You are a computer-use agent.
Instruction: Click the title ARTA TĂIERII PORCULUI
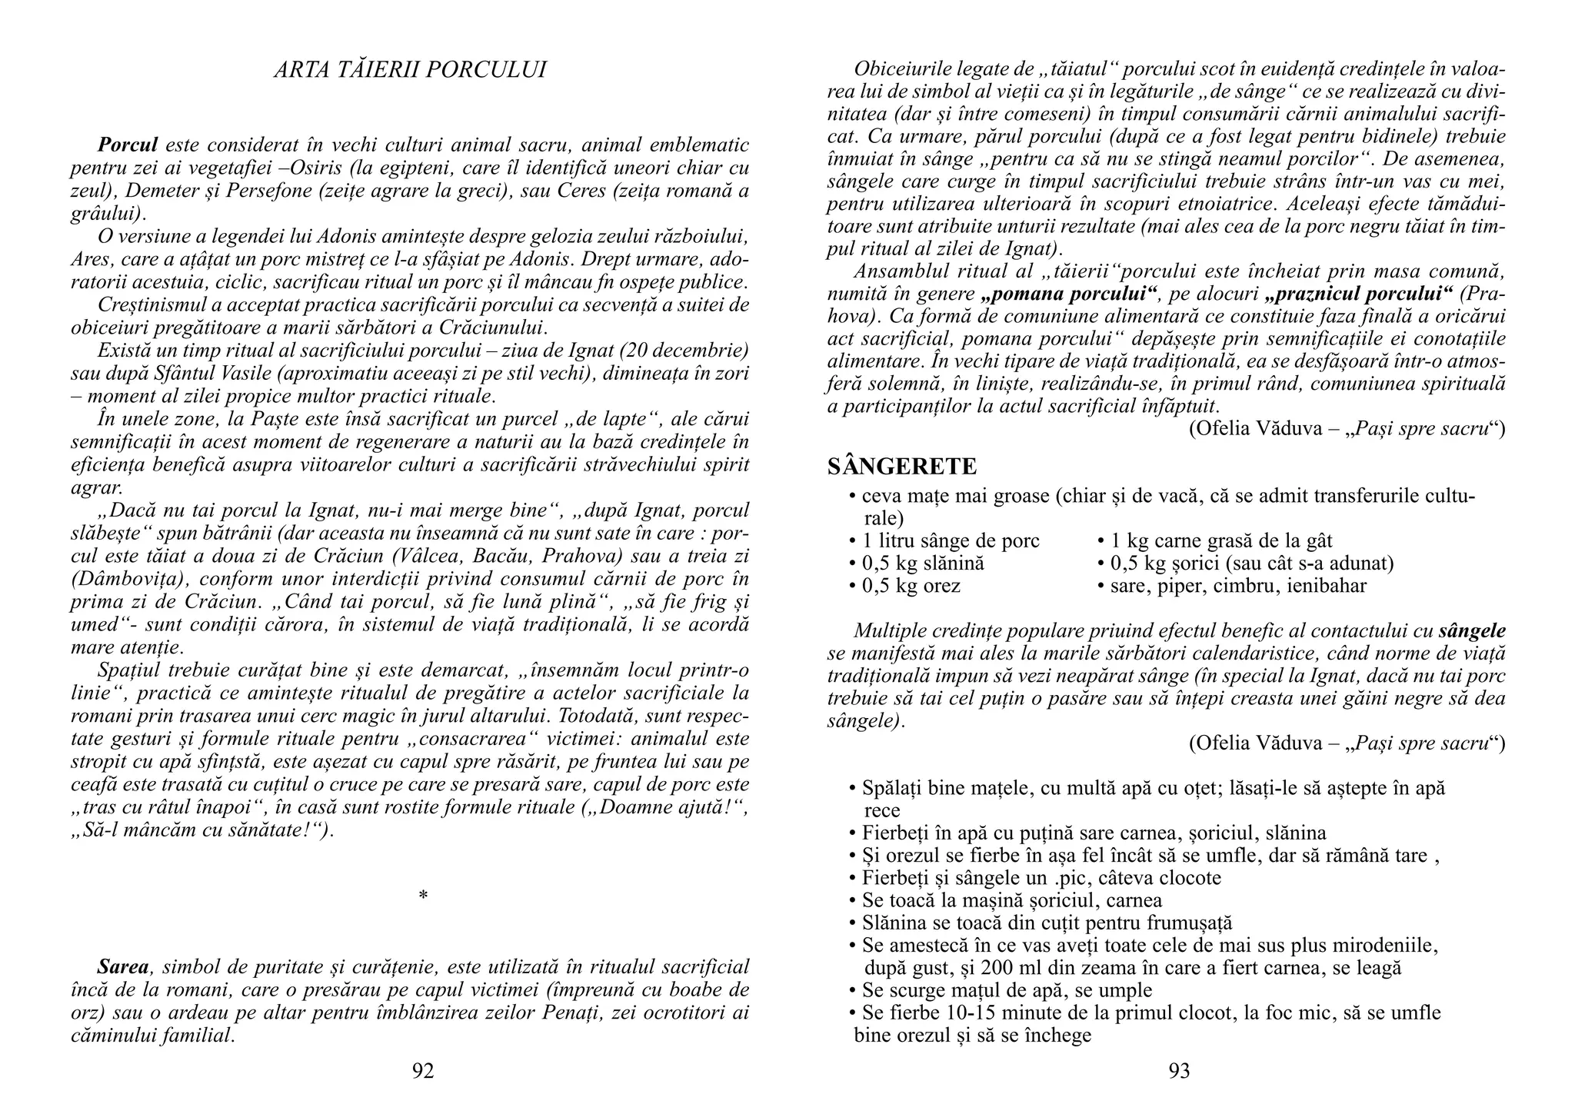pos(410,70)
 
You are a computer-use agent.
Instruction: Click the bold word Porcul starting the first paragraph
pos(128,145)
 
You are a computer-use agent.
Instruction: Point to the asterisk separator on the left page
pos(422,896)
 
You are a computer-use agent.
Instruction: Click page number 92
pos(423,1071)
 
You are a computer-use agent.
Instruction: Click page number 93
pos(1179,1071)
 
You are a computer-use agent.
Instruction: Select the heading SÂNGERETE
pos(902,466)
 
